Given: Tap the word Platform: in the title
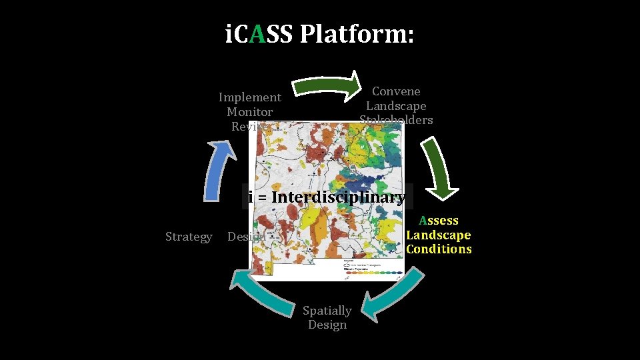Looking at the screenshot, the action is point(357,34).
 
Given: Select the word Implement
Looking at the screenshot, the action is point(250,97).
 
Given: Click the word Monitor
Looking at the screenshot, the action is point(249,112).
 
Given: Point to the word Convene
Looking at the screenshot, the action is point(396,91).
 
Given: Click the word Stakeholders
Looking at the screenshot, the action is point(396,120).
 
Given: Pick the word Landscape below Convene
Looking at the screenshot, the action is point(396,106).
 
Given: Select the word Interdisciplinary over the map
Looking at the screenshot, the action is point(338,197).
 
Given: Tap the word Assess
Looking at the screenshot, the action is point(439,221).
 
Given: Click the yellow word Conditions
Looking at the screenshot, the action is point(439,249).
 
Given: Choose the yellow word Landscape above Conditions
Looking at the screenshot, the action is point(439,235).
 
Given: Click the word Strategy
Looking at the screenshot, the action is point(189,237).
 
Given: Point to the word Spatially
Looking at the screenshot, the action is point(327,311).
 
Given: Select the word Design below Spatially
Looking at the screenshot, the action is point(327,325).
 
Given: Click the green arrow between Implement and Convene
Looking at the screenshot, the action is point(327,84).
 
